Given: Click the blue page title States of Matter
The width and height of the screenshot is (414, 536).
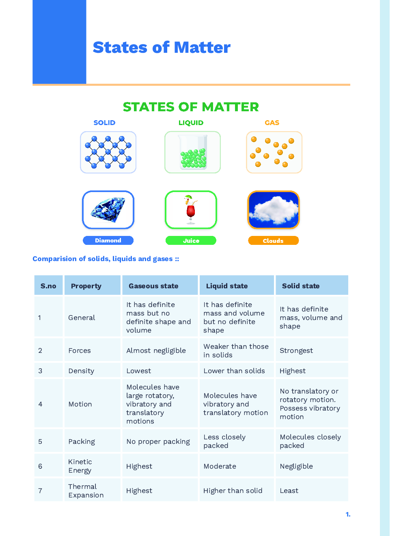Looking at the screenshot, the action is pos(162,48).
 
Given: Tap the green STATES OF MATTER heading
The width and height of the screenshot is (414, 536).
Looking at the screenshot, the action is pos(191,107).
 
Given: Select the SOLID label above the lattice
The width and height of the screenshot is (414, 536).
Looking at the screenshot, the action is pos(104,123).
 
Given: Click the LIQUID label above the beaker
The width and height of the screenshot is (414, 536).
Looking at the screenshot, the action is pos(191,123).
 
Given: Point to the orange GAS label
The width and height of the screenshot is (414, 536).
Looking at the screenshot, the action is pos(272,123).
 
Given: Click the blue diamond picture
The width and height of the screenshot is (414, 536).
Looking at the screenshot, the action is pos(108,210).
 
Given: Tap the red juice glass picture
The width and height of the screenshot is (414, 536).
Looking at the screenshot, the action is pos(191,210).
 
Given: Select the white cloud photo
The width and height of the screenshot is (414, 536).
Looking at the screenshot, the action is pos(274,210).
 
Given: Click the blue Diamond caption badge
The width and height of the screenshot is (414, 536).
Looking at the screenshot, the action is pos(108,240).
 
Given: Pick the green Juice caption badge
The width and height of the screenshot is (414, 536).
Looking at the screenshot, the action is pos(191,241).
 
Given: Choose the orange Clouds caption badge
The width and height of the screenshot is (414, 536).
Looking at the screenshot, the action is pos(273,241).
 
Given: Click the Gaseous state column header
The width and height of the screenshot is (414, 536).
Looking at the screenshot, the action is pos(153,286).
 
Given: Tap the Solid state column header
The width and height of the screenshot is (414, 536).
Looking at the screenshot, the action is pos(301,286).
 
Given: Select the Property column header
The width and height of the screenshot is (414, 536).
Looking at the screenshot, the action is pos(86,286).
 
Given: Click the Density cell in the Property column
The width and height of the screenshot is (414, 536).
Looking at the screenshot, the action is pos(81,371).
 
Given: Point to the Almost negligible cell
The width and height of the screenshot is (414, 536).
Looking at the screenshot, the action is pos(156,350).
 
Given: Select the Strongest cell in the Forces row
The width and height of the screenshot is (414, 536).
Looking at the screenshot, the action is pos(296,350).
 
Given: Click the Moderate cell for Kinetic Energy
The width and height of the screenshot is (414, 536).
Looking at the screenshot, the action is pos(220,466).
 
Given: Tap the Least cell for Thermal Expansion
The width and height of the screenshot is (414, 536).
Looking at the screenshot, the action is pos(289,491).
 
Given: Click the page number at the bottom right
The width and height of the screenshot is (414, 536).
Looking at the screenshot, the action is pos(348,514).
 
